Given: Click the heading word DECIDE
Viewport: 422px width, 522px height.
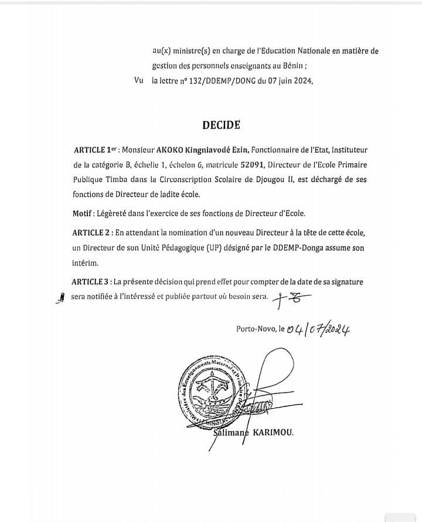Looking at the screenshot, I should point(221,124).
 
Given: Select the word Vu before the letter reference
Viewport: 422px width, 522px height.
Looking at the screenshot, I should point(139,82).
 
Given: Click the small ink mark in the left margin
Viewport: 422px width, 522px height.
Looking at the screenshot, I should point(58,299).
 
